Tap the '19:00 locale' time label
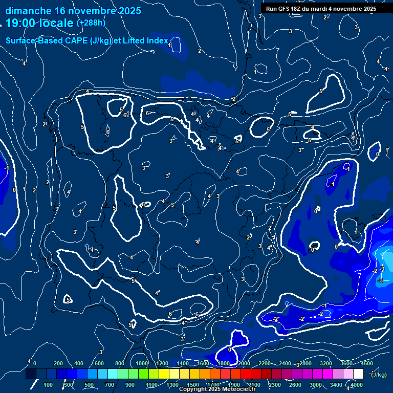39,23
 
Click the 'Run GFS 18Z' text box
321,9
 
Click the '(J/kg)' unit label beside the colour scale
379,375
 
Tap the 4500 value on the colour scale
367,363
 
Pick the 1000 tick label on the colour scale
142,363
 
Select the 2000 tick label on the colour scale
244,363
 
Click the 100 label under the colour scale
48,385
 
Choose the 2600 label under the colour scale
295,385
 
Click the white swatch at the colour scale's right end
358,374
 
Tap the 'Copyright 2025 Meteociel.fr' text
217,389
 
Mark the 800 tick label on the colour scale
120,363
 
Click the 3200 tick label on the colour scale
326,363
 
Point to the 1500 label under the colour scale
193,385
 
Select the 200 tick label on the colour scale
58,363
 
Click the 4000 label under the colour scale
357,385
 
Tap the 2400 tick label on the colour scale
285,363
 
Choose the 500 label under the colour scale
89,385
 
